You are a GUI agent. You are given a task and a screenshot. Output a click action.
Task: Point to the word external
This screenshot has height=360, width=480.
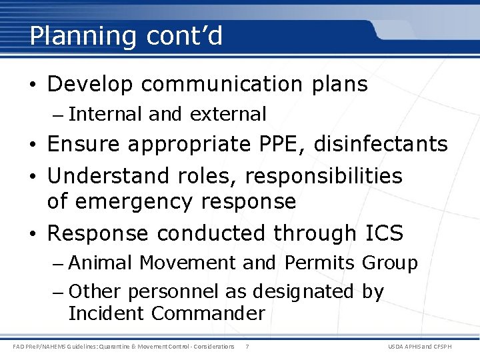coord(228,115)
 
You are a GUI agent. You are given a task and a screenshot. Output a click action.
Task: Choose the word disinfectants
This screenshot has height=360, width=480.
coord(383,144)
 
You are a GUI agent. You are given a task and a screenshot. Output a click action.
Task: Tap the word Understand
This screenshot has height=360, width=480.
coord(109,176)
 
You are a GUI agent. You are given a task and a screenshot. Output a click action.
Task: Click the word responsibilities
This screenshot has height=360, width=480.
coord(324,176)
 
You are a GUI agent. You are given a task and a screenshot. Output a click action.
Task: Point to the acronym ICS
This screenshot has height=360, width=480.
coord(385,233)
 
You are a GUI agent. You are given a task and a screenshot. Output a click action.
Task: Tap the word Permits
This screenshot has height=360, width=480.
coord(320,263)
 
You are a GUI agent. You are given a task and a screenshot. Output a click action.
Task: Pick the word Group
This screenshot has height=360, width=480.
coord(390,263)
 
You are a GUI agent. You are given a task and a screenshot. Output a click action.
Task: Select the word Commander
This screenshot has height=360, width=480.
coord(208,313)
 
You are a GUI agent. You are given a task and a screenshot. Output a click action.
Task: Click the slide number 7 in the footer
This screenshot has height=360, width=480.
coord(247,347)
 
